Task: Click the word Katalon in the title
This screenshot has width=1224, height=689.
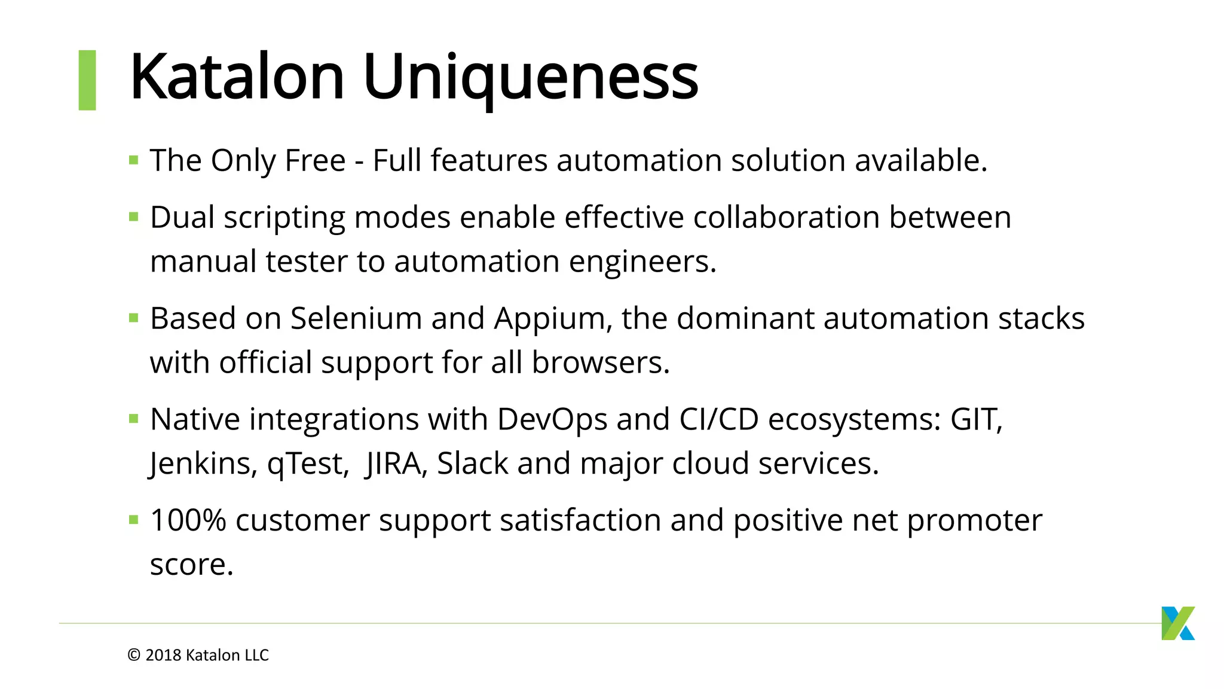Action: pos(237,78)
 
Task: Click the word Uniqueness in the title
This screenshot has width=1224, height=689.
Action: pos(530,78)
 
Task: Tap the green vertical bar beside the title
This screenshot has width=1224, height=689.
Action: pos(87,80)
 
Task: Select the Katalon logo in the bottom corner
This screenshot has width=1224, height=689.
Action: pos(1177,623)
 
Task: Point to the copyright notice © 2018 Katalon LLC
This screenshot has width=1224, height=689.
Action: pos(198,656)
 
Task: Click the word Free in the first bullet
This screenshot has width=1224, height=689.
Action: pos(315,161)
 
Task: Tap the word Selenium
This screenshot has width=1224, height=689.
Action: pos(356,319)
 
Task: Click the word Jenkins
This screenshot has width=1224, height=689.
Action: pos(203,464)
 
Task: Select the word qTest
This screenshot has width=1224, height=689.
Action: pos(308,464)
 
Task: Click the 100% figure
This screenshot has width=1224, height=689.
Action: pos(188,520)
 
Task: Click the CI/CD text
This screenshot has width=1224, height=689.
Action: pos(719,420)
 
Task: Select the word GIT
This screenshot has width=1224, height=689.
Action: pos(975,420)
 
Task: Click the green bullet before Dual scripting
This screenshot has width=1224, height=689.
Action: pos(134,217)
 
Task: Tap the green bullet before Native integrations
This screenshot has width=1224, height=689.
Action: pos(134,419)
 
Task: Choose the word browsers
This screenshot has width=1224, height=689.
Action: pos(600,363)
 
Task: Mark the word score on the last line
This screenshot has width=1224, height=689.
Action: pos(190,565)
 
